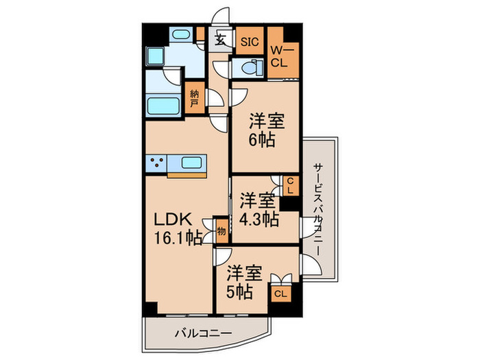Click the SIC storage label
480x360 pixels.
(250, 41)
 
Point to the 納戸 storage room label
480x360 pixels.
(195, 97)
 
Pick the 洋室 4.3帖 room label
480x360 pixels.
(259, 210)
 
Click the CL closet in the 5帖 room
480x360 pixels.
(280, 293)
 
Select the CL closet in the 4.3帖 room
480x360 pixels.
(290, 184)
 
